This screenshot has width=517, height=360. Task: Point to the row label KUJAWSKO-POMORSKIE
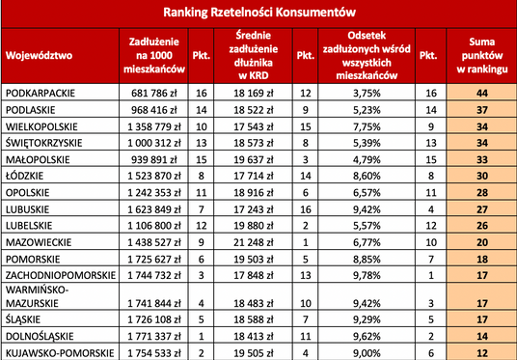pos(55,352)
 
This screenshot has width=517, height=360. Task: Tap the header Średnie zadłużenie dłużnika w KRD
pos(255,55)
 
